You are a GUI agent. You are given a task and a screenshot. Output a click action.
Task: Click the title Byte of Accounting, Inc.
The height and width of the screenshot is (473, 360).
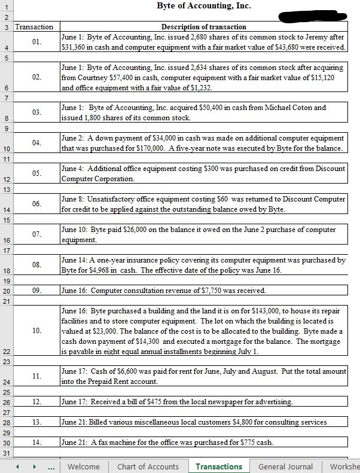pos(203,6)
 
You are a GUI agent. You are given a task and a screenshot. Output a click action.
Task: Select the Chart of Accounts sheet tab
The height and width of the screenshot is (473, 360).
pos(148,466)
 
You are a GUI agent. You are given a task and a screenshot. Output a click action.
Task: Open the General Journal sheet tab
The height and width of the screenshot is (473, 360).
pos(285,466)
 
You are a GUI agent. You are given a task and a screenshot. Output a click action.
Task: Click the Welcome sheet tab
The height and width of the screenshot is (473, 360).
pos(84,466)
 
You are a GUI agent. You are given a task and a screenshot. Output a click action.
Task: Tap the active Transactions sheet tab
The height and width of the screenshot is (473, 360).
pos(219,466)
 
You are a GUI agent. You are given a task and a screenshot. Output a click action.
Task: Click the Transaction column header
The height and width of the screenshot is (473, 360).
pos(34,27)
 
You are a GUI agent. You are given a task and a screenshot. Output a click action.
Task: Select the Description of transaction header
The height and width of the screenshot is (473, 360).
pos(203,27)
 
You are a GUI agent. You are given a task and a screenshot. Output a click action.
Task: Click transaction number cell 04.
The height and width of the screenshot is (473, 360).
pos(37,143)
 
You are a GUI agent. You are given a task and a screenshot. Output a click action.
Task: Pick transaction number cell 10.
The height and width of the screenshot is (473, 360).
pos(37,331)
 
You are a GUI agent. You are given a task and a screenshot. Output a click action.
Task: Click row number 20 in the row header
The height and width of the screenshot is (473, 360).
pos(6,291)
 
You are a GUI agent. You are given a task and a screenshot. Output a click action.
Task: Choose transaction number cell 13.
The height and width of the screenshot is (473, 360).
pos(37,422)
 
